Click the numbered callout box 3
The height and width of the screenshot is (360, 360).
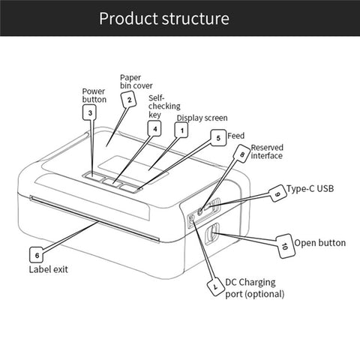coord(90,113)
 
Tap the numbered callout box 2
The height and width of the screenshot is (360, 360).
coord(128,99)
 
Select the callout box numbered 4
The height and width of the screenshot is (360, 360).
coord(154,128)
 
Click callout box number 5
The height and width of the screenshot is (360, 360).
coord(217,137)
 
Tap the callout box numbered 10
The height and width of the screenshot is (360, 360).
coord(284,245)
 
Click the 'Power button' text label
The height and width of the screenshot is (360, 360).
coord(94,95)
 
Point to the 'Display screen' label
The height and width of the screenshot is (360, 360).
coord(202,118)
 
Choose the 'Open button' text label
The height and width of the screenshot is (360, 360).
coord(319,243)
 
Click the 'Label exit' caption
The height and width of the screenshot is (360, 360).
coord(48,269)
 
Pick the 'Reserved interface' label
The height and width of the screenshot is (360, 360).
coord(266,151)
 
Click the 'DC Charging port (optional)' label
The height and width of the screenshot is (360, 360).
coord(254,288)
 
